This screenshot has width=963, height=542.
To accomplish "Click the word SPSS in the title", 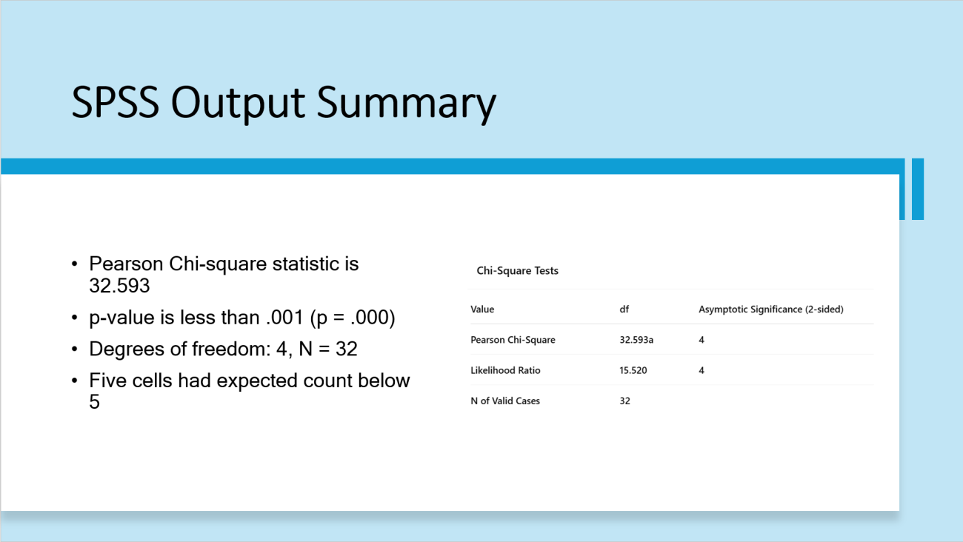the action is click(x=116, y=102).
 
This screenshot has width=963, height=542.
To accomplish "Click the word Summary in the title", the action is click(x=406, y=104).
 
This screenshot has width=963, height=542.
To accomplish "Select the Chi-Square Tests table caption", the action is click(x=517, y=271).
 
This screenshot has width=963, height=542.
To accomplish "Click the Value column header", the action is click(x=482, y=309).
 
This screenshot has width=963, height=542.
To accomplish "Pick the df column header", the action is click(x=624, y=309).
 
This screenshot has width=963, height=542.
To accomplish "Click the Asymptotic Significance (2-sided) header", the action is click(x=771, y=310).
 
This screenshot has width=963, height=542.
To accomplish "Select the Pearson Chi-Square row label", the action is click(x=513, y=340).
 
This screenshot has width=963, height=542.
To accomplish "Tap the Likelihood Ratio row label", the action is click(x=505, y=370).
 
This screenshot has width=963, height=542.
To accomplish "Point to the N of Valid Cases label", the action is click(x=505, y=401).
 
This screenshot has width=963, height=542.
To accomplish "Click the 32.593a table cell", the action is click(x=636, y=340).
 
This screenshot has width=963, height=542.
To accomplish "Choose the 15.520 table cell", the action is click(x=633, y=370).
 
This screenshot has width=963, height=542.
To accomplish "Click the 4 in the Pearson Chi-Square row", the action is click(x=702, y=340).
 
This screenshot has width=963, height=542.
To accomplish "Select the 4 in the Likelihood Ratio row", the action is click(x=702, y=370).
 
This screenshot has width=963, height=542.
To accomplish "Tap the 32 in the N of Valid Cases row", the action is click(x=624, y=401).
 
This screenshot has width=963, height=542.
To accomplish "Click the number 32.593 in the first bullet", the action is click(x=119, y=285).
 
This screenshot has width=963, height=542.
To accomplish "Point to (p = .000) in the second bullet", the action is click(x=352, y=318).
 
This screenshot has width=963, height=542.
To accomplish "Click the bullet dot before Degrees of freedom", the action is click(x=74, y=349).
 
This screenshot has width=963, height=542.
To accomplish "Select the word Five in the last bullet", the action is click(x=107, y=381).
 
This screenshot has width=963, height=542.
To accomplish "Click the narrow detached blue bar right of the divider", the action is click(x=918, y=189).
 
